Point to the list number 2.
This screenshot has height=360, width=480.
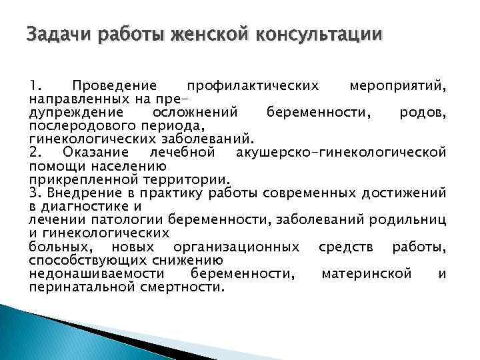[x=36, y=153]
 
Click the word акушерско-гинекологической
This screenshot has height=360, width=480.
[x=341, y=153]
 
